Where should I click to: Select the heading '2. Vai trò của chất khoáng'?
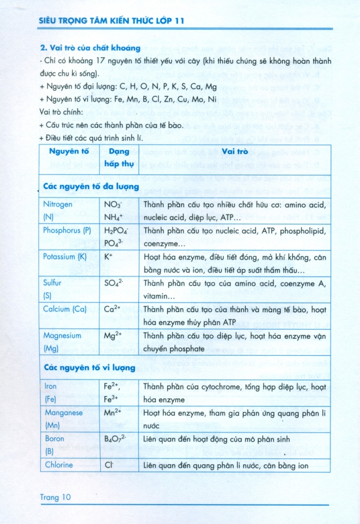90,48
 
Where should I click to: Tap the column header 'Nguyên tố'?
69,151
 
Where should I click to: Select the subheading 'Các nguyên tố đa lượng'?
91,187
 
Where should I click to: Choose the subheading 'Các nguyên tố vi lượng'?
89,368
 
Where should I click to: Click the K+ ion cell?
108,257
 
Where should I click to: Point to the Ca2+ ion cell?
113,309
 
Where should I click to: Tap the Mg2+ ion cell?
114,336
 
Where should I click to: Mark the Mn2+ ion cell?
114,412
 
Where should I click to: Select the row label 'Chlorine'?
58,465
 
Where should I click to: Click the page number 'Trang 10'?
55,497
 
